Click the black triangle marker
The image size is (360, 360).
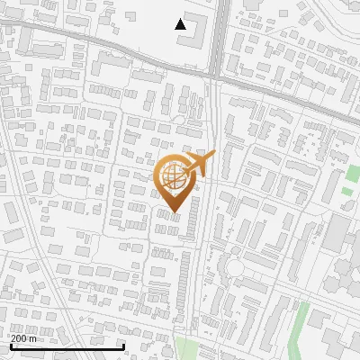pyautogui.click(x=181, y=24)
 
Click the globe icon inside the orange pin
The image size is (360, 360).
pyautogui.click(x=172, y=175)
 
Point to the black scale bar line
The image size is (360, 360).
pyautogui.click(x=67, y=346)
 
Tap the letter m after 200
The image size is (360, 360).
pyautogui.click(x=33, y=338)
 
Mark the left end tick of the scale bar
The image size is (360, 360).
pyautogui.click(x=11, y=345)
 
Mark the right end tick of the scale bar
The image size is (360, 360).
pyautogui.click(x=123, y=345)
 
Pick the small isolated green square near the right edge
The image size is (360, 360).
pyautogui.click(x=347, y=192)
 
